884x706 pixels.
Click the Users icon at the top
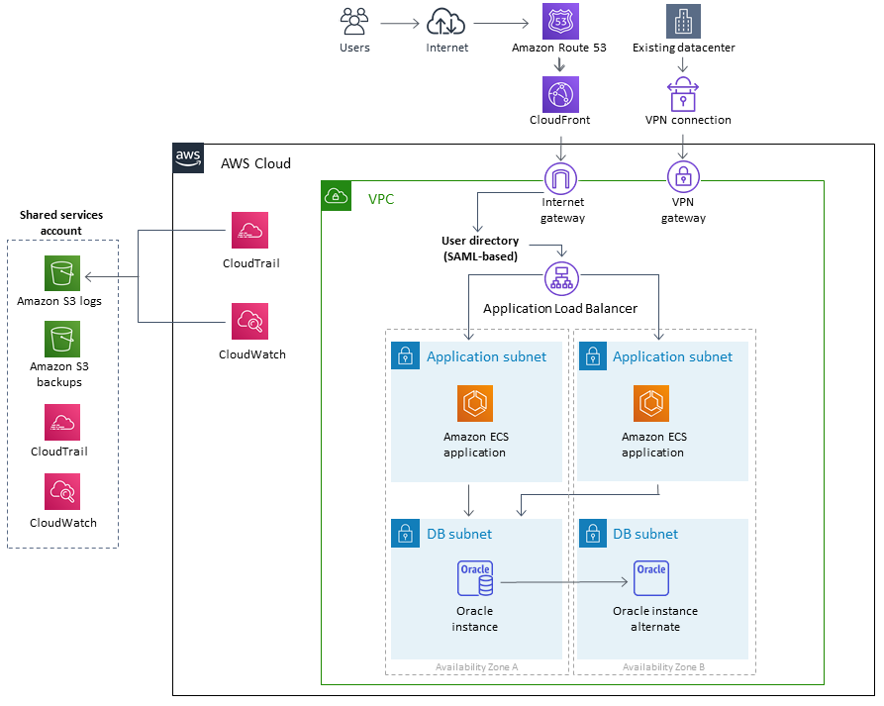point(354,21)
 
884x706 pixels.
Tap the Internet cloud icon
point(446,21)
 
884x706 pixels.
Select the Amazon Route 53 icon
point(559,21)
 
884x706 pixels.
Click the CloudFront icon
point(559,94)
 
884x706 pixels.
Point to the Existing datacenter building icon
point(683,21)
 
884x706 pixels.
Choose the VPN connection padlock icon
point(683,95)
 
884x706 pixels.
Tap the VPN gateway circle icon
point(683,178)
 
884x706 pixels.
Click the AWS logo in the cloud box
point(188,158)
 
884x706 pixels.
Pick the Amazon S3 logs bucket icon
point(62,273)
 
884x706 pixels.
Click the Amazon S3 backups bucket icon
point(62,339)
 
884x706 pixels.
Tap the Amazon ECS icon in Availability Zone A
point(475,403)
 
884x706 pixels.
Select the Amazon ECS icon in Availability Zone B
point(651,403)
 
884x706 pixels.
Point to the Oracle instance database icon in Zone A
point(475,579)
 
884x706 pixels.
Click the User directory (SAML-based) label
point(480,249)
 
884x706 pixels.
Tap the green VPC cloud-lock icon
point(337,196)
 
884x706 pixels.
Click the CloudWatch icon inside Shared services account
point(62,491)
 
